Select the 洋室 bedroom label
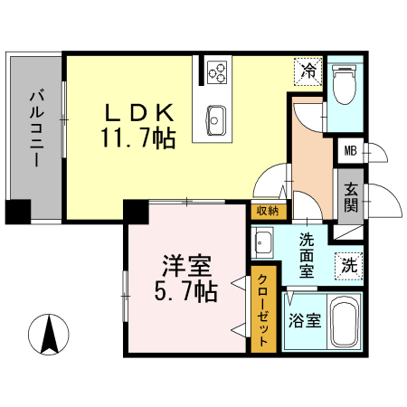click(187, 267)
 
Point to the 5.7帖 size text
click(188, 291)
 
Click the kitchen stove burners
click(217, 70)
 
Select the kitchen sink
click(217, 117)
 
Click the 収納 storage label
click(266, 211)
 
